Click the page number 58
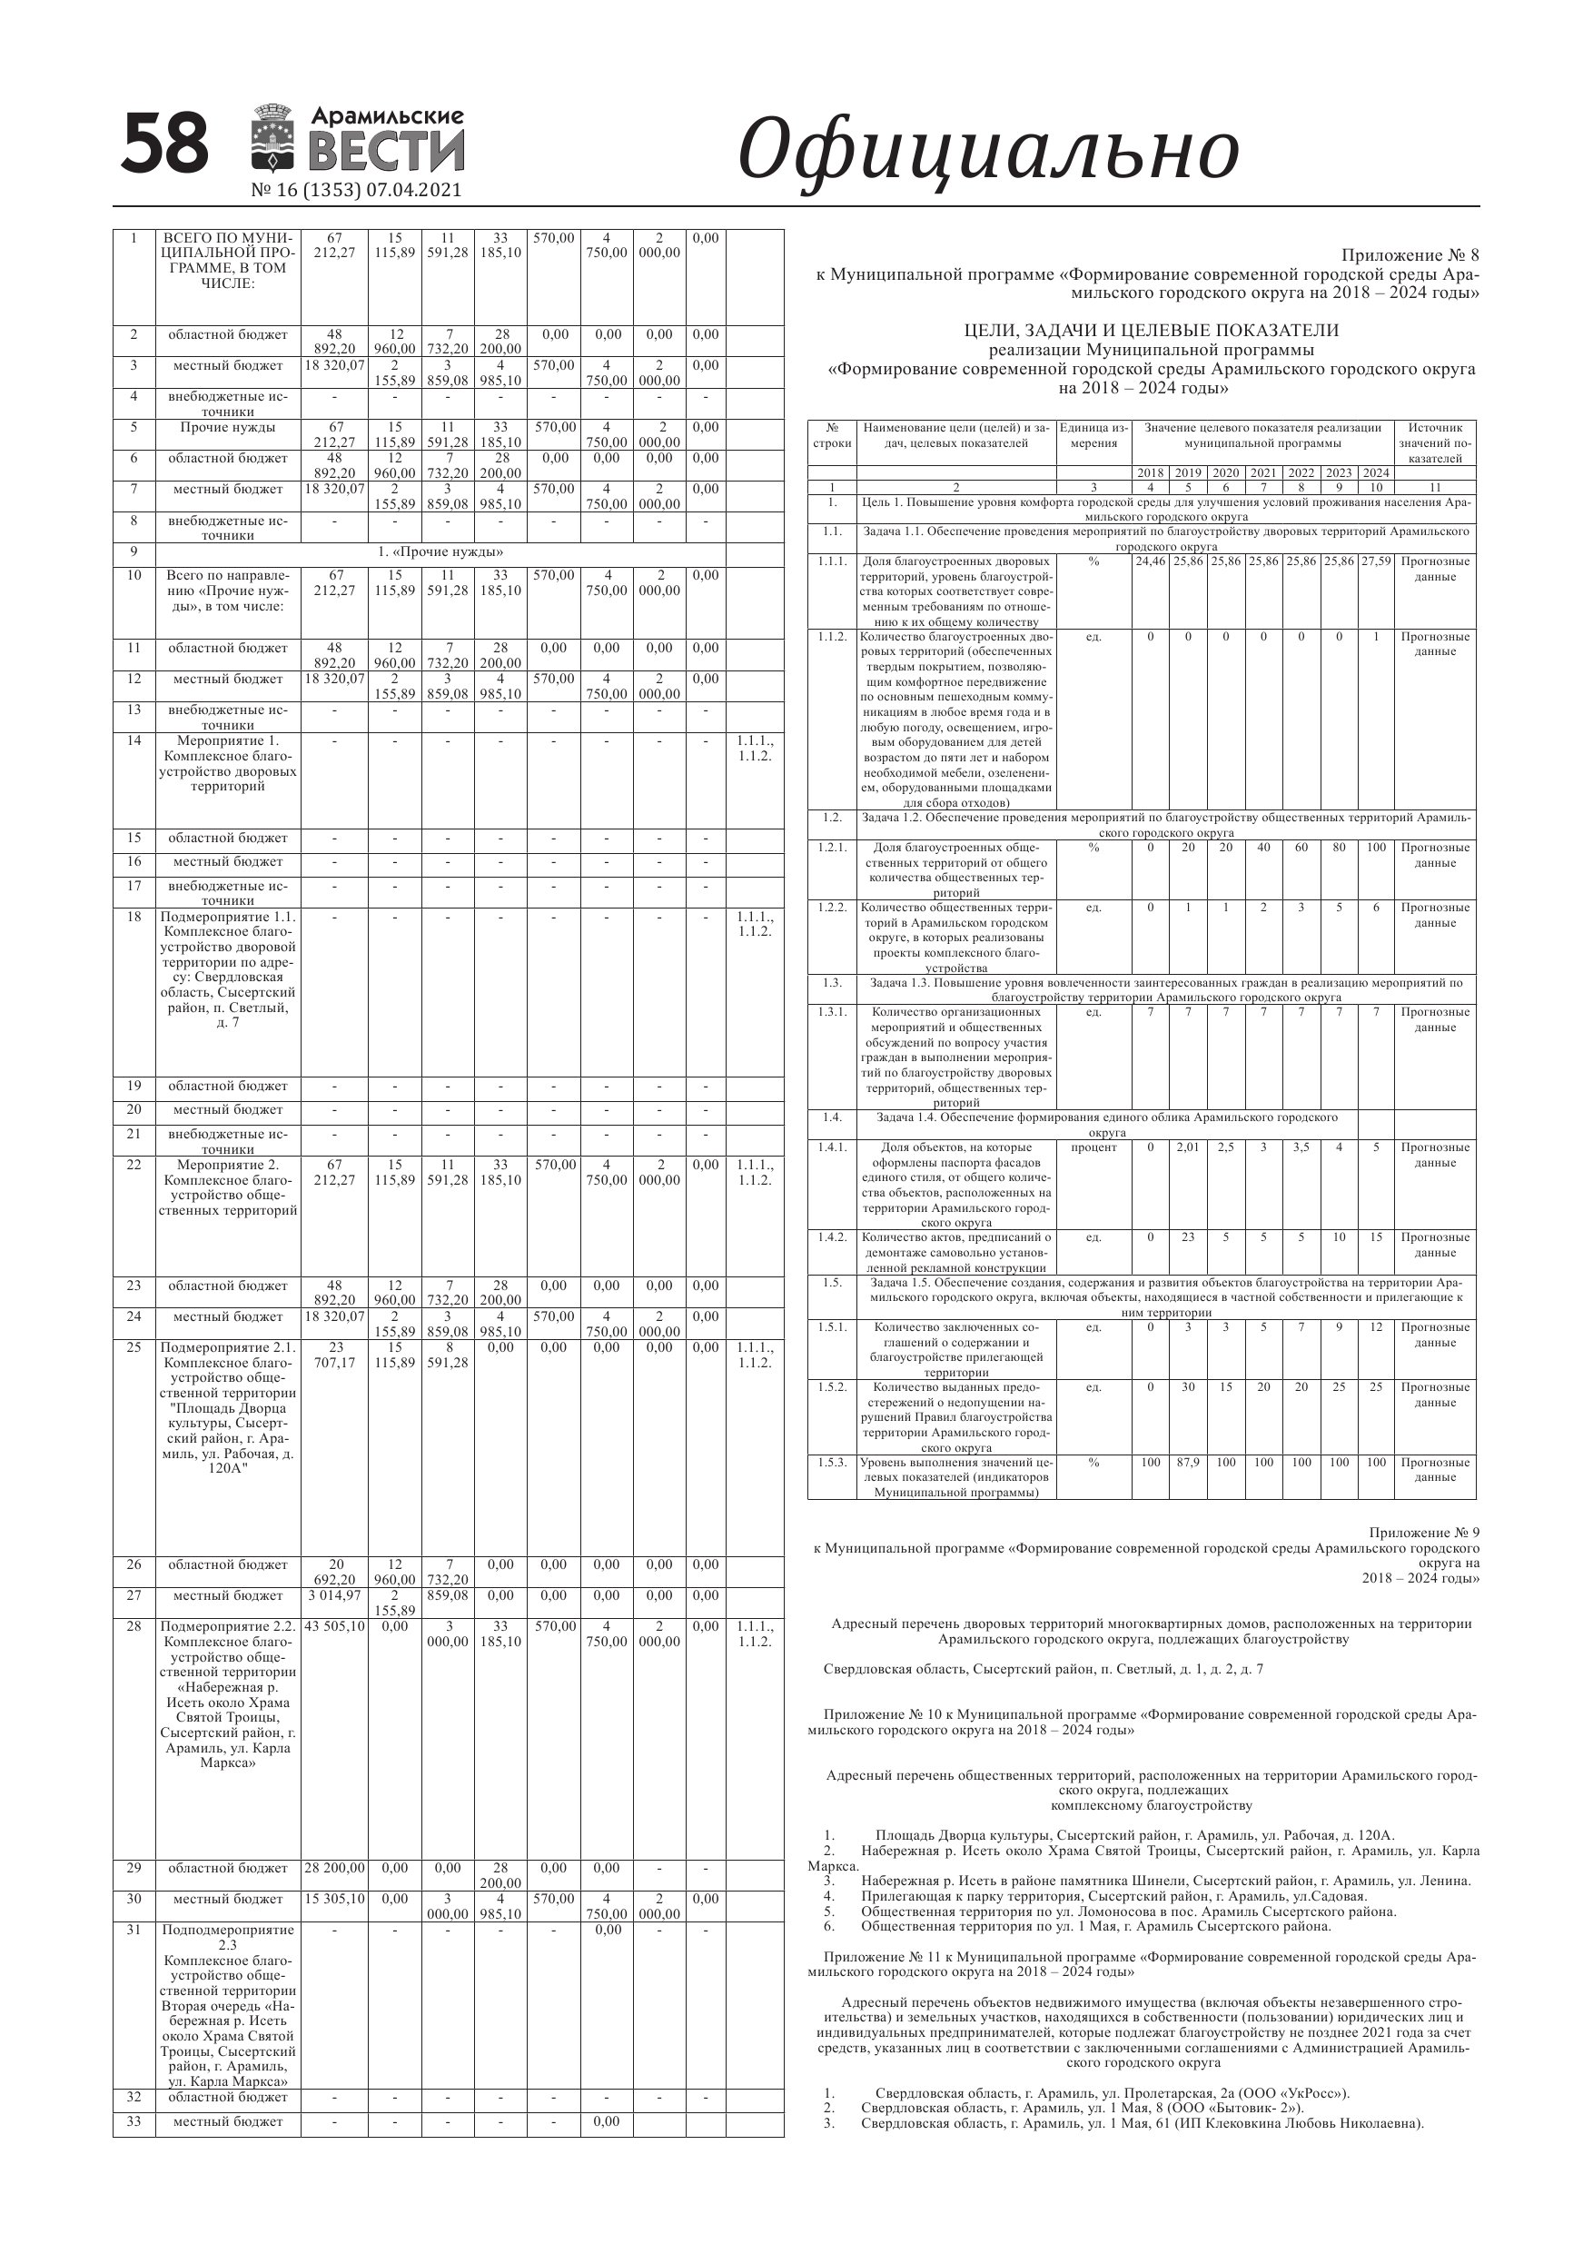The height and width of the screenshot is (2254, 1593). coord(165,144)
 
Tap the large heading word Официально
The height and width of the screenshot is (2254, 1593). coord(987,149)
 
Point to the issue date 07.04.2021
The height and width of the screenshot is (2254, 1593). coord(413,191)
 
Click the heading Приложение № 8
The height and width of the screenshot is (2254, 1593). coord(1410,256)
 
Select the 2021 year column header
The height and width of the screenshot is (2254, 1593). coord(1263,473)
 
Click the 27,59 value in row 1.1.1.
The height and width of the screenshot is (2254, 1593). coord(1376,561)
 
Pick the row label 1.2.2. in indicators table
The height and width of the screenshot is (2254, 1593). coord(831,907)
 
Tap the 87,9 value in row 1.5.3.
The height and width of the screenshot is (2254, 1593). coord(1188,1463)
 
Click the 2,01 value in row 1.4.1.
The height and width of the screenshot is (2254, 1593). coord(1188,1147)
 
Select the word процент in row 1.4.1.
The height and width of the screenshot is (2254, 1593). coord(1093,1147)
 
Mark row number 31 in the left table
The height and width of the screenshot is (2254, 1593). coord(134,1930)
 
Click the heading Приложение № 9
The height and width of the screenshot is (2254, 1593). coord(1423,1533)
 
